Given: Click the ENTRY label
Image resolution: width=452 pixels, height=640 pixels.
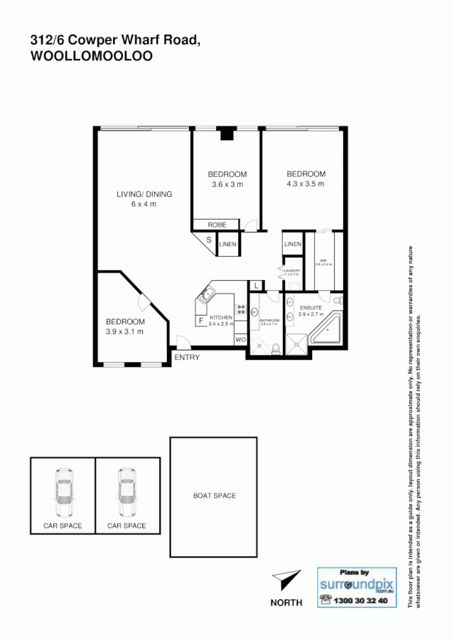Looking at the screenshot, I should point(187,357).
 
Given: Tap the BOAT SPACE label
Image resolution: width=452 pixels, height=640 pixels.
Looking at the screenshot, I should point(215,496).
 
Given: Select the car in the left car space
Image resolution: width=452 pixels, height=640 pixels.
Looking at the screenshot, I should point(63,493).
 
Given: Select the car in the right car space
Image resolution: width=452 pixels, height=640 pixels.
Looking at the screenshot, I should point(127,493).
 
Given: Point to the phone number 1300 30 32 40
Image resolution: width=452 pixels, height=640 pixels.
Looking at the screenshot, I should point(360,601).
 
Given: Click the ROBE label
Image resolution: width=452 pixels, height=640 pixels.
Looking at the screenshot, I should point(217,225).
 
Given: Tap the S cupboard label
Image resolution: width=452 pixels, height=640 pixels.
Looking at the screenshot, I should point(209,240).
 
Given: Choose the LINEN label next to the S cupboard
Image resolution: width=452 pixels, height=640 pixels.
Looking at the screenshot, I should point(227,245).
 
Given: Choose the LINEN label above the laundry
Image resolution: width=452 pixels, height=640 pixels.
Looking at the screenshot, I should point(293,245).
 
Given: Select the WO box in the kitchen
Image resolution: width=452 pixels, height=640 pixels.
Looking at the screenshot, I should point(240,340).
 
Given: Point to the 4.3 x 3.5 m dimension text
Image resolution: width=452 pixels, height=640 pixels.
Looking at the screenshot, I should point(306,183).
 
